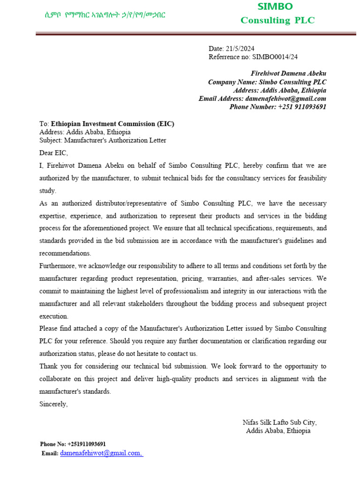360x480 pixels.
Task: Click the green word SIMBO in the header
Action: pos(275,7)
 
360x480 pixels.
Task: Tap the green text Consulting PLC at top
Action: pos(277,20)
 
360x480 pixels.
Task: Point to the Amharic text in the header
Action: pos(102,15)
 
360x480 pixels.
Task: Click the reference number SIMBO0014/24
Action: pos(275,57)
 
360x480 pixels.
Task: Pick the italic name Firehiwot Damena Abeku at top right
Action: pos(289,74)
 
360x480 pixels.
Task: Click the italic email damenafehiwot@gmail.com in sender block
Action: pos(285,99)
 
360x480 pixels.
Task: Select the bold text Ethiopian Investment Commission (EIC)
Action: pos(112,124)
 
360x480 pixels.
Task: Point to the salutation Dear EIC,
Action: pos(53,153)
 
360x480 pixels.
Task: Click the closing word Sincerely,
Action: pos(53,404)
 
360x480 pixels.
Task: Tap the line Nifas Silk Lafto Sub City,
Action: pos(279,422)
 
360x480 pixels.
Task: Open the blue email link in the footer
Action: pos(101,453)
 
